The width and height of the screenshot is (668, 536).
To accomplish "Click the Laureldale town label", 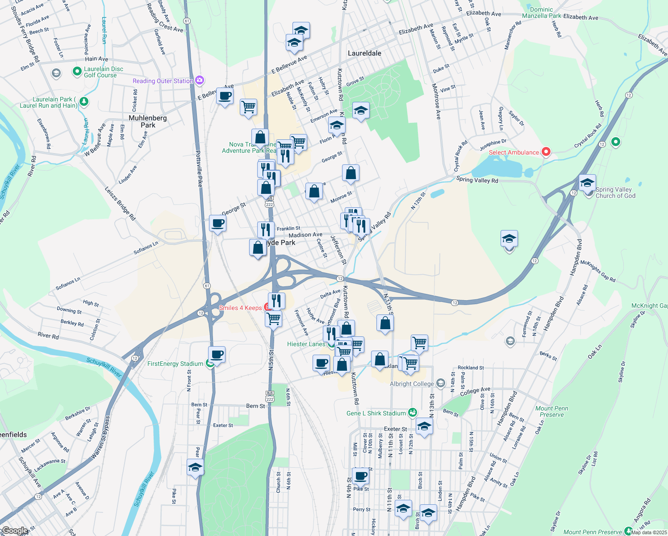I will click(364, 53).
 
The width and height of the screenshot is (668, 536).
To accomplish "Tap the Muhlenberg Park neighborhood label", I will click(148, 121).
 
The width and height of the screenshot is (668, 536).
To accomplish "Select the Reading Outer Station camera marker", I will click(200, 80).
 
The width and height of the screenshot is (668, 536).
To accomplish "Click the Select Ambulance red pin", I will click(546, 152).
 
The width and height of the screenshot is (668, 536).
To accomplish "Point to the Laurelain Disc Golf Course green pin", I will click(77, 71).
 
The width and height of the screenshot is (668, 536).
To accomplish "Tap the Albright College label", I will click(412, 384).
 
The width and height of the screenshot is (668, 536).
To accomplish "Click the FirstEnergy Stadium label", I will click(175, 364).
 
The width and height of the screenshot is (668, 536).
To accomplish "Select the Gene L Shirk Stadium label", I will click(376, 413).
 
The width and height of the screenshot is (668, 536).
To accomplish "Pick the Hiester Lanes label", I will click(306, 344).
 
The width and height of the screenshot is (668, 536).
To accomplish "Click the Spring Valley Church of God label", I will click(615, 193).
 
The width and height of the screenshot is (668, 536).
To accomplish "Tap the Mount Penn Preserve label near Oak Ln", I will click(551, 411).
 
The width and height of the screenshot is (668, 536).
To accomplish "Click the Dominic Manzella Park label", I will click(541, 13).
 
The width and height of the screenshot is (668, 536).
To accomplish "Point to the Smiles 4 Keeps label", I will click(240, 308).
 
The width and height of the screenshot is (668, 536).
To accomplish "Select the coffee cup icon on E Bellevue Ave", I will click(225, 96).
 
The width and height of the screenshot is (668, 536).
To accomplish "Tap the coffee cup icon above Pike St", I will click(360, 476).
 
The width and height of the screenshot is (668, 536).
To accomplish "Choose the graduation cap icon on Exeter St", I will click(424, 426).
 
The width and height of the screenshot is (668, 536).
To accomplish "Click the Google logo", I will click(15, 531).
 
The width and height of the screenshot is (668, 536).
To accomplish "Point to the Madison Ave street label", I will click(305, 235).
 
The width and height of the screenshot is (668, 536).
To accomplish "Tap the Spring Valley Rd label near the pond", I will click(477, 180).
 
